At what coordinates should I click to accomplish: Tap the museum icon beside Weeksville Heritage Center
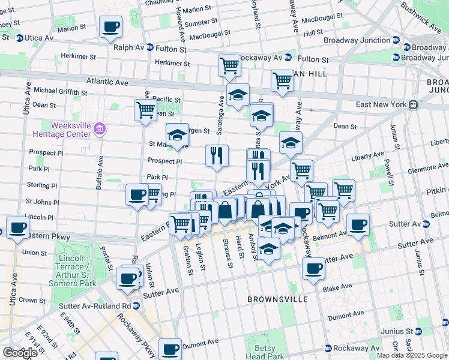(x=100, y=128)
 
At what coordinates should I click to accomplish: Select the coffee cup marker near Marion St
(x=111, y=27)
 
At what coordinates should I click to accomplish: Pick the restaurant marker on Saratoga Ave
(x=217, y=155)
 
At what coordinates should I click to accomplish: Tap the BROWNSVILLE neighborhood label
(x=278, y=299)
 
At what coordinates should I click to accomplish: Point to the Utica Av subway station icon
(x=19, y=38)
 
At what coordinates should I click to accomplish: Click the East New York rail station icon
(x=413, y=104)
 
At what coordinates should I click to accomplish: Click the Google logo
(x=20, y=353)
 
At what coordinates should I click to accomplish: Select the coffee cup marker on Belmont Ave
(x=358, y=224)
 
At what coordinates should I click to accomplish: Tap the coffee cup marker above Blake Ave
(x=313, y=268)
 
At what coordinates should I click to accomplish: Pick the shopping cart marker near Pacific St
(x=146, y=110)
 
